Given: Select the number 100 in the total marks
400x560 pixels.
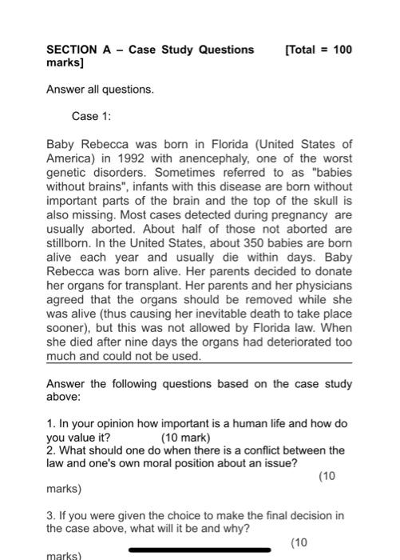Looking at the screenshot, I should [x=342, y=50].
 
